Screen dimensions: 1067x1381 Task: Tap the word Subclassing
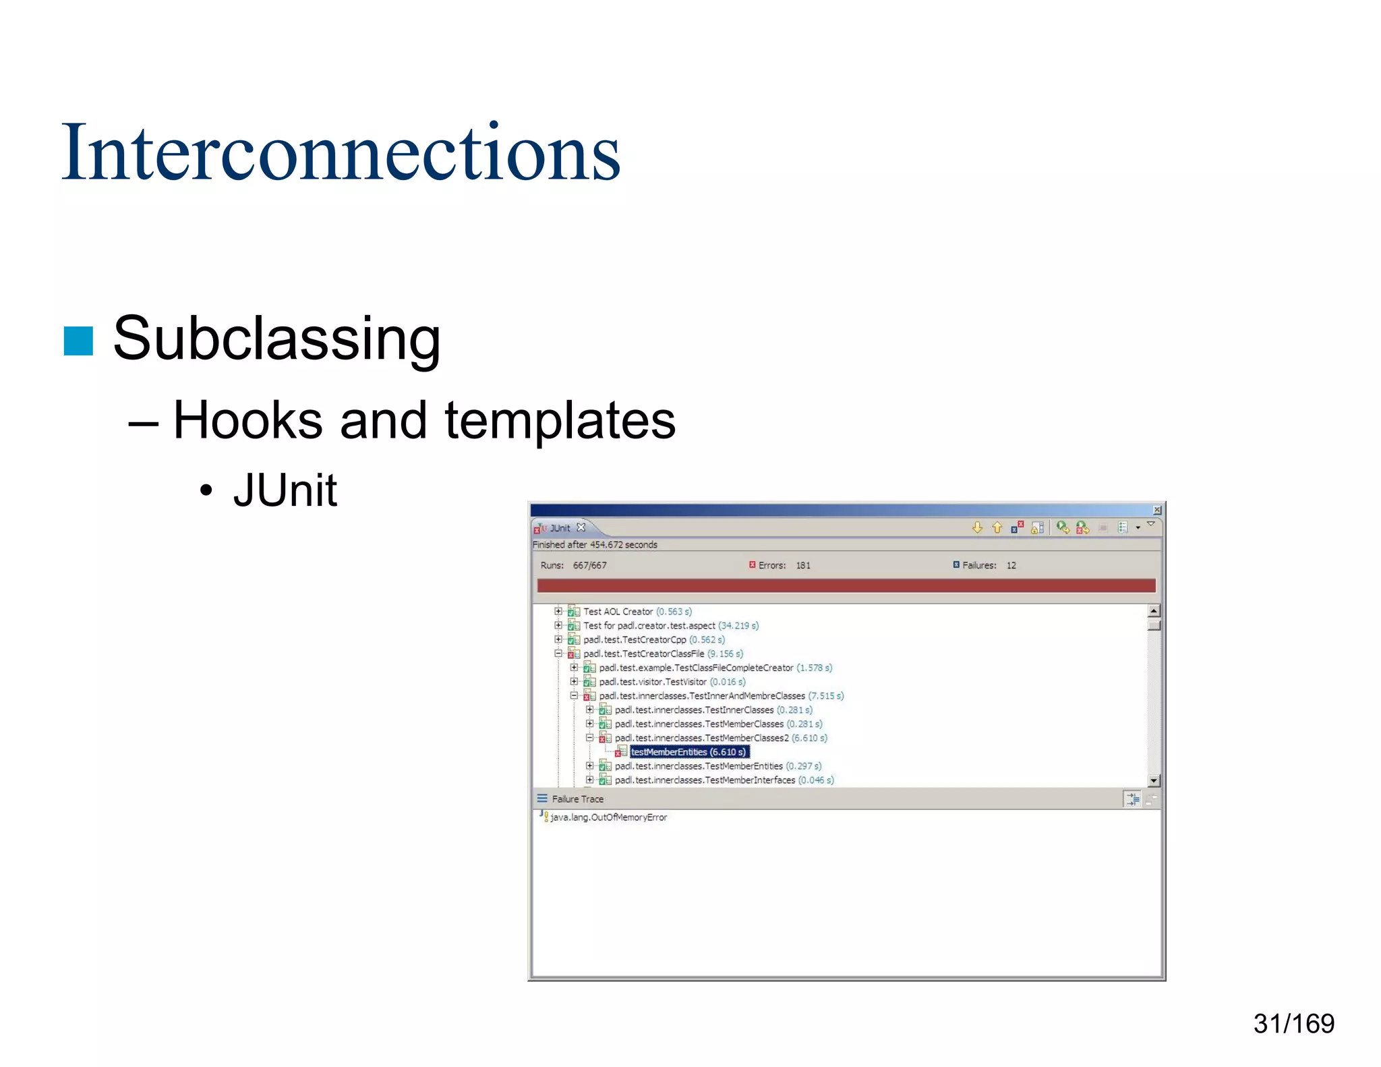coord(276,339)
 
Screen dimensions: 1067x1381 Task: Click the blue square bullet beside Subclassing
coord(78,341)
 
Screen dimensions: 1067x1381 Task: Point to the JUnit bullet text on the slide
coord(285,490)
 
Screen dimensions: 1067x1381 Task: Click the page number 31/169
coord(1293,1023)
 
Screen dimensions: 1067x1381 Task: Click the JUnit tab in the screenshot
coord(560,528)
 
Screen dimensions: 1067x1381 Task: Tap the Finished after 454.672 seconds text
coord(595,545)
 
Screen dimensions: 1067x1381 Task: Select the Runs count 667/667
coord(589,565)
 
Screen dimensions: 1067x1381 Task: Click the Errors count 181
coord(803,565)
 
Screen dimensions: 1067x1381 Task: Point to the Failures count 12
coord(1011,565)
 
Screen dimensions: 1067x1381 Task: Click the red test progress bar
coord(846,585)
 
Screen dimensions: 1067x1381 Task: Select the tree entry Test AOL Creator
coord(618,612)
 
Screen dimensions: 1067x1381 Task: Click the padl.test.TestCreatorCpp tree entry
coord(635,639)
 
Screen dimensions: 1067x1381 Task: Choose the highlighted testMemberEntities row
coord(688,752)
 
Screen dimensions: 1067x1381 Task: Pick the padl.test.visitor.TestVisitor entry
coord(653,682)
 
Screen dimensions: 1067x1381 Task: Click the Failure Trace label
coord(577,799)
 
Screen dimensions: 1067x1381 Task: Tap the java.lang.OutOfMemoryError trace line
coord(608,817)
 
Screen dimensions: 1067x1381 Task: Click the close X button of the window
coord(1156,510)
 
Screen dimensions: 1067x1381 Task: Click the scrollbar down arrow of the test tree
coord(1154,780)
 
